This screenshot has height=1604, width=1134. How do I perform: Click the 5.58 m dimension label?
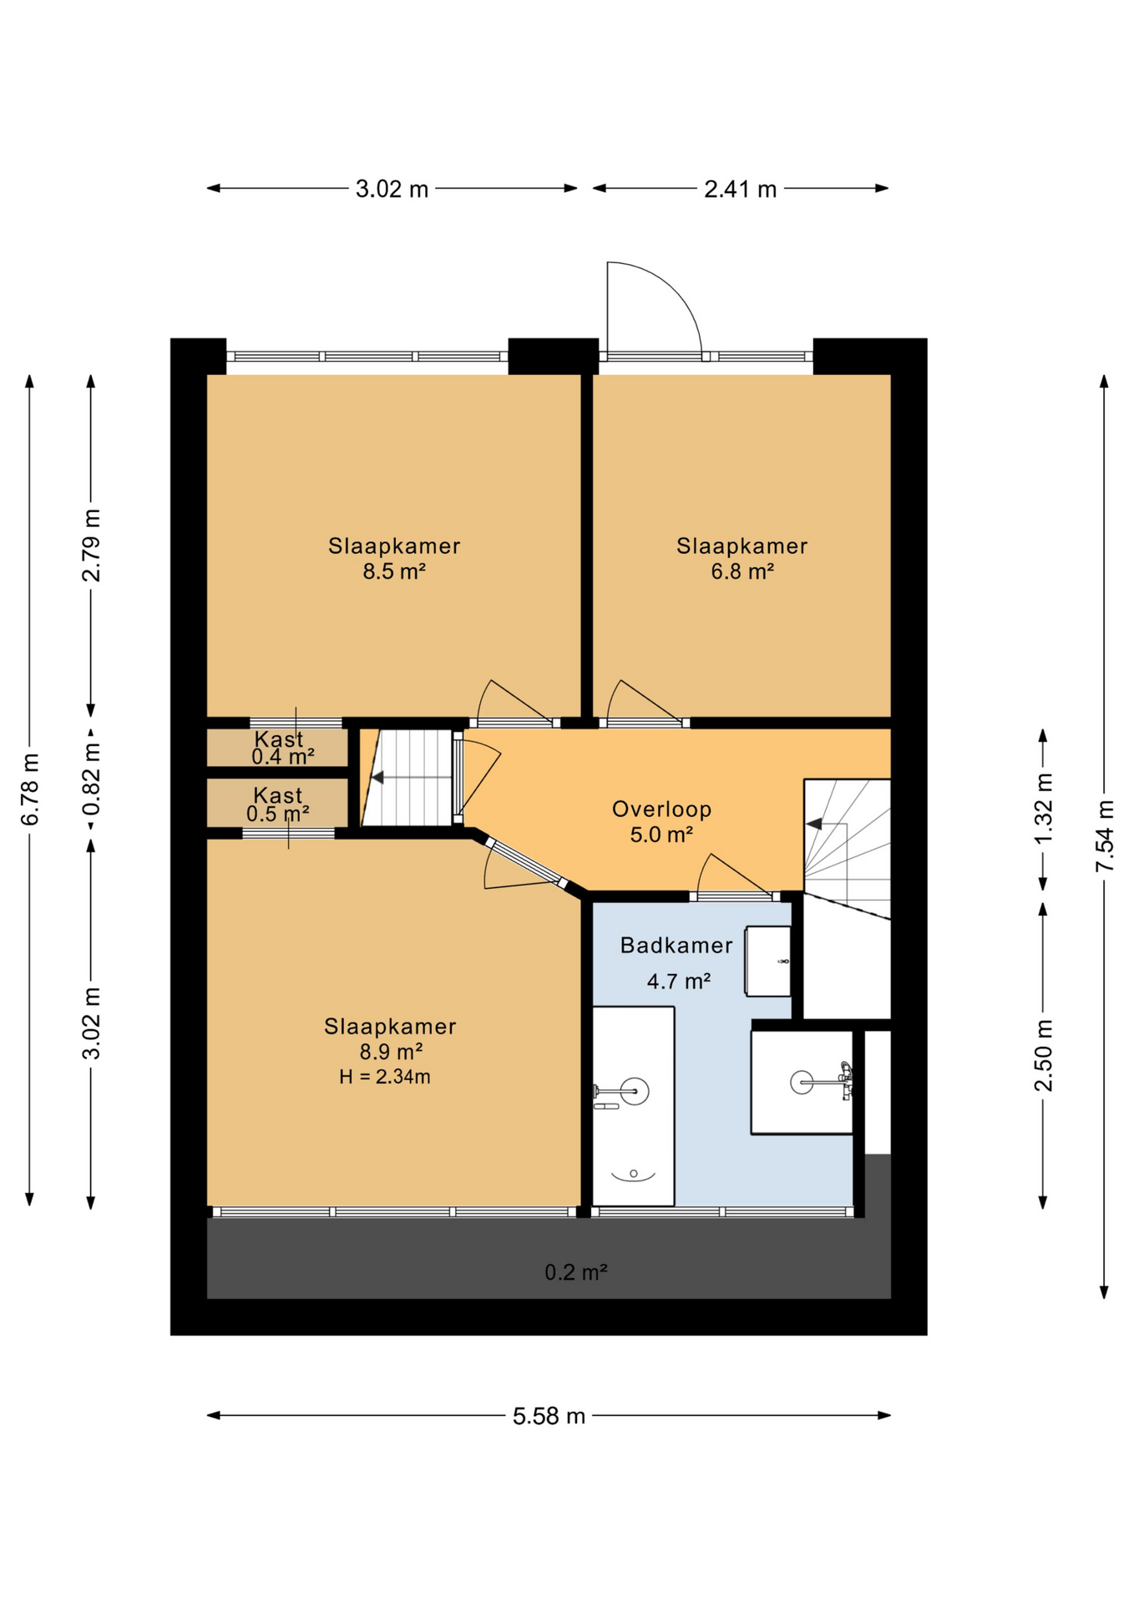click(x=549, y=1416)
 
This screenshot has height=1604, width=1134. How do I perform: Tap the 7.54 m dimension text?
click(x=1105, y=835)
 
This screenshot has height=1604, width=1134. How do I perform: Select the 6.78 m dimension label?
click(x=30, y=789)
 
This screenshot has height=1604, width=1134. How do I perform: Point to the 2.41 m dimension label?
click(x=740, y=189)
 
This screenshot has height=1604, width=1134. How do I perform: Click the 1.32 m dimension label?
click(x=1044, y=808)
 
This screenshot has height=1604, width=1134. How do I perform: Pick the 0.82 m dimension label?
click(x=91, y=779)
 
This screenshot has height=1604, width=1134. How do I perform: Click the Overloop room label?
click(x=661, y=809)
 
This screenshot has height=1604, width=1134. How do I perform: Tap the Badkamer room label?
click(x=676, y=945)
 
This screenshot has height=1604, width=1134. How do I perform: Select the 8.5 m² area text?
click(x=394, y=571)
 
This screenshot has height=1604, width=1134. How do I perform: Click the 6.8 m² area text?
click(x=742, y=571)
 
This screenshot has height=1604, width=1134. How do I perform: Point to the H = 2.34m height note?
click(x=385, y=1077)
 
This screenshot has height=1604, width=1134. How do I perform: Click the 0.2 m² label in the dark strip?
click(x=575, y=1272)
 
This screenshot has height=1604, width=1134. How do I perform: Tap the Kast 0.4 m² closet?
click(x=277, y=748)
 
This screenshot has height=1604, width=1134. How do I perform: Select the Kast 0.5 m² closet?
click(x=277, y=804)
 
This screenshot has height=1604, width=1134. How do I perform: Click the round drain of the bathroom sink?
click(x=801, y=1083)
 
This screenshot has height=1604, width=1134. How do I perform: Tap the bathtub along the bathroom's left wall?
click(x=633, y=1106)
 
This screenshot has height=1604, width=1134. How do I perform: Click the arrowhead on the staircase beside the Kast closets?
click(x=377, y=778)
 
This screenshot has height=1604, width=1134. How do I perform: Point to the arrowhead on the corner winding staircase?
click(x=814, y=824)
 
